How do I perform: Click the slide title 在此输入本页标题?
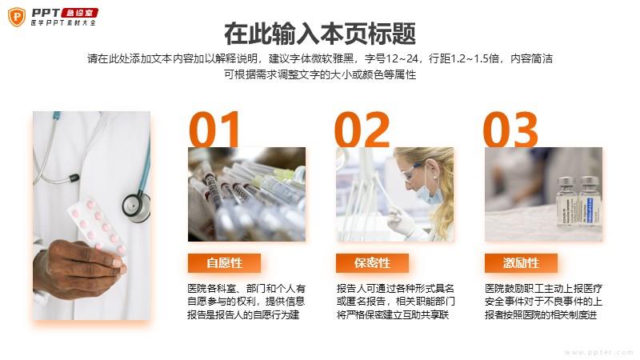[320, 34]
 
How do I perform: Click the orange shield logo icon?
[17, 17]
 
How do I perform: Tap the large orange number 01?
[214, 129]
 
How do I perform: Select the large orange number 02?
[362, 129]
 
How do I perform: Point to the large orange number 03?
[510, 129]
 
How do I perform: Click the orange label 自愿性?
[224, 263]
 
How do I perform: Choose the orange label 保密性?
[372, 263]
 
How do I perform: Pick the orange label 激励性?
[521, 263]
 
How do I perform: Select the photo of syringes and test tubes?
[246, 194]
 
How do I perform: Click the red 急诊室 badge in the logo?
[79, 13]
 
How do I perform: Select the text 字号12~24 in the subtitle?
[391, 58]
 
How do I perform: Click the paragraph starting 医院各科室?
[246, 302]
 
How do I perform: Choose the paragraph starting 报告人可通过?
[395, 302]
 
